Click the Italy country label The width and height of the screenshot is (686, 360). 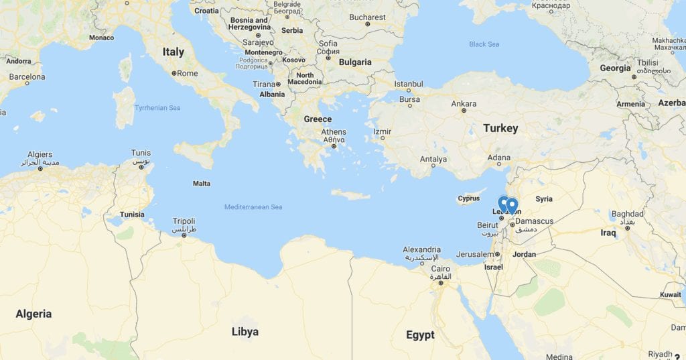click(x=173, y=52)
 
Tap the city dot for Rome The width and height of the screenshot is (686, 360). click(x=174, y=73)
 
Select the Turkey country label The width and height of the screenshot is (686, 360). click(x=500, y=128)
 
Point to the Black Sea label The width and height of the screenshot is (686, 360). click(x=484, y=44)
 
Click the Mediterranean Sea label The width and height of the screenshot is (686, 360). click(x=253, y=207)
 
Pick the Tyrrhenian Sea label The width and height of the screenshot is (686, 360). click(x=157, y=107)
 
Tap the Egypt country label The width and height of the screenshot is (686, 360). click(x=420, y=335)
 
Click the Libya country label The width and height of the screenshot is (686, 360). click(x=245, y=332)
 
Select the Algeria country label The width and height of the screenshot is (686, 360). click(x=33, y=314)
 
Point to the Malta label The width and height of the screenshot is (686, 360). click(x=202, y=184)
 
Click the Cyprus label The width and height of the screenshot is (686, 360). click(x=469, y=198)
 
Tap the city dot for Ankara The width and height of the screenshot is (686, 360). click(x=463, y=111)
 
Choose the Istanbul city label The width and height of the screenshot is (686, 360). click(x=409, y=84)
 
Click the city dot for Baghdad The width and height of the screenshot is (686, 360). click(x=628, y=228)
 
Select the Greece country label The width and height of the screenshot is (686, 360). click(x=318, y=119)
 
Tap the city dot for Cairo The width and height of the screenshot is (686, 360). click(x=441, y=282)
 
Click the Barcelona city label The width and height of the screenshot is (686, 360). click(x=27, y=77)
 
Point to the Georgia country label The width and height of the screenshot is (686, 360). click(x=615, y=68)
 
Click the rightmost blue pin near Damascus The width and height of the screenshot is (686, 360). click(x=512, y=204)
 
